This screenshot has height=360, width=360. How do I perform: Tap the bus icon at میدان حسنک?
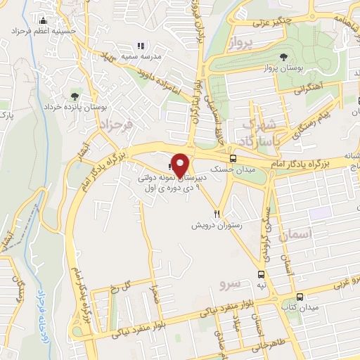click(232, 158)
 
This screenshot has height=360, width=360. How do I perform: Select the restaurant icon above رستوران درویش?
click(218, 214)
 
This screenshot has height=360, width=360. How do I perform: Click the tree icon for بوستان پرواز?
click(283, 57)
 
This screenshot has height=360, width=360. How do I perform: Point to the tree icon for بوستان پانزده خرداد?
click(75, 96)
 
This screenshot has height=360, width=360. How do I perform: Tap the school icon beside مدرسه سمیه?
click(139, 46)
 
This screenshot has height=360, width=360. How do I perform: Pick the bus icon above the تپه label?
click(261, 274)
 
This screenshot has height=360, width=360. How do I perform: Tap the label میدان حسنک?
click(254, 169)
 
